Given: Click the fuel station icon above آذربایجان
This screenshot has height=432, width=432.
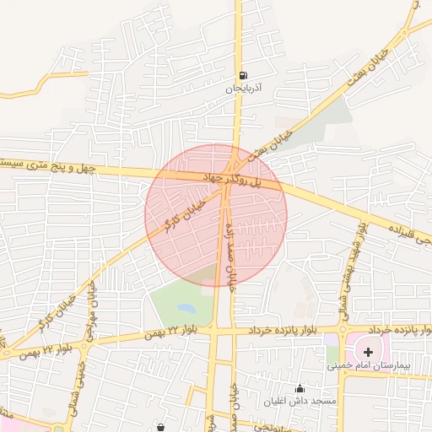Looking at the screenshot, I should [244, 75].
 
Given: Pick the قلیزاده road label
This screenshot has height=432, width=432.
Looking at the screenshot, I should [404, 227].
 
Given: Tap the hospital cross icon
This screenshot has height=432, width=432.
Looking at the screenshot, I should [368, 349].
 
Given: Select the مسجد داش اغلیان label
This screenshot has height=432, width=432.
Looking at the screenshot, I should [300, 400].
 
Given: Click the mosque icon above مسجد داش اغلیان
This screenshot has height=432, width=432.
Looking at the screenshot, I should [300, 388].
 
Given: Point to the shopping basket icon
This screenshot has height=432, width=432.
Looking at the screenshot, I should [160, 428].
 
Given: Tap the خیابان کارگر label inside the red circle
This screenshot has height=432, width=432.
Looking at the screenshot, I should [185, 214].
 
